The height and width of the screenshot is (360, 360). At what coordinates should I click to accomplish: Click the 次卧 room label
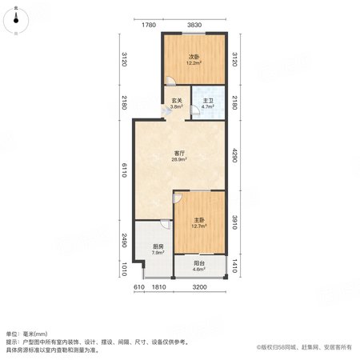(x=194, y=57)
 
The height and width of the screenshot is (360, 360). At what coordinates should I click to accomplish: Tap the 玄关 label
(x=177, y=101)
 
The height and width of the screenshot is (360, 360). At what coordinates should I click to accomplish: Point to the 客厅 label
(x=179, y=154)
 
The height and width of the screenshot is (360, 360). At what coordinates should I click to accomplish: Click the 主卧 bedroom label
(x=199, y=220)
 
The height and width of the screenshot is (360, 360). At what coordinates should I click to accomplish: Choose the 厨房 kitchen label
(x=158, y=246)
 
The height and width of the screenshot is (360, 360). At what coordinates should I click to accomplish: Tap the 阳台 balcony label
(x=199, y=263)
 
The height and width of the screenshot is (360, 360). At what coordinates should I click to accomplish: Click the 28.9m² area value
(x=179, y=159)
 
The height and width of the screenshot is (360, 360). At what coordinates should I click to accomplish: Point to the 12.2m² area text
(x=194, y=63)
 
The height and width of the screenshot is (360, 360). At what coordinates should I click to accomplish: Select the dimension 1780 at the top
(x=149, y=25)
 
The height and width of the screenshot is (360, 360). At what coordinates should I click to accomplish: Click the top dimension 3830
(x=194, y=25)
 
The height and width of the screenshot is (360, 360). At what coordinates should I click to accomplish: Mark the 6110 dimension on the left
(x=124, y=170)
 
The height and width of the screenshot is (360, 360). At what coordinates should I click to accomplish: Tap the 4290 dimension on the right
(x=234, y=155)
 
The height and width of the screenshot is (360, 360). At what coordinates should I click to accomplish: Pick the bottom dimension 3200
(x=199, y=287)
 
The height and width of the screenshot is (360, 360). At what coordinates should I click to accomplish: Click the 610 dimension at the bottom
(x=139, y=287)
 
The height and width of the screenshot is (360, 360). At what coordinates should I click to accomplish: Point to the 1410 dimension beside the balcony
(x=234, y=266)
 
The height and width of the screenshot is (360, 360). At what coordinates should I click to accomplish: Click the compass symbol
(x=16, y=21)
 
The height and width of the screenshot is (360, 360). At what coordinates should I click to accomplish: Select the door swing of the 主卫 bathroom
(x=195, y=110)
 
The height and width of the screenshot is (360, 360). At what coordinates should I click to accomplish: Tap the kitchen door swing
(x=166, y=224)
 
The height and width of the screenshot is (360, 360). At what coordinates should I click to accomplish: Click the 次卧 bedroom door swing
(x=170, y=81)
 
